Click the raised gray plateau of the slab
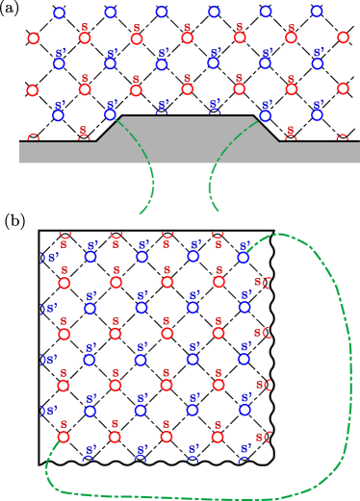click(x=188, y=130)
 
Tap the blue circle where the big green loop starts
click(x=244, y=257)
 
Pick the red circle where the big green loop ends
click(x=64, y=437)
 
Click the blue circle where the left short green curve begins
click(x=110, y=114)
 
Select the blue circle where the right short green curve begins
click(x=266, y=114)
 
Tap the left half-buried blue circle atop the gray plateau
click(x=162, y=113)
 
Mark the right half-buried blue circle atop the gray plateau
click(x=214, y=113)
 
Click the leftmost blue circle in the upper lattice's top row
click(x=59, y=13)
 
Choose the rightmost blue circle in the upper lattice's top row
click(x=317, y=12)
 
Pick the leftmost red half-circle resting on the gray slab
click(x=34, y=138)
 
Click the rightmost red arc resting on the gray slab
click(x=342, y=138)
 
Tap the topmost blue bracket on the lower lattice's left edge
click(x=42, y=258)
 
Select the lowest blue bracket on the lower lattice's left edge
click(x=42, y=412)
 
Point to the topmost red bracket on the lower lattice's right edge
click(x=267, y=282)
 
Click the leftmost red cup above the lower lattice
click(x=64, y=235)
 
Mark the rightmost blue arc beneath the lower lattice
click(x=244, y=460)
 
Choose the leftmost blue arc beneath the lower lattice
click(x=90, y=460)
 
